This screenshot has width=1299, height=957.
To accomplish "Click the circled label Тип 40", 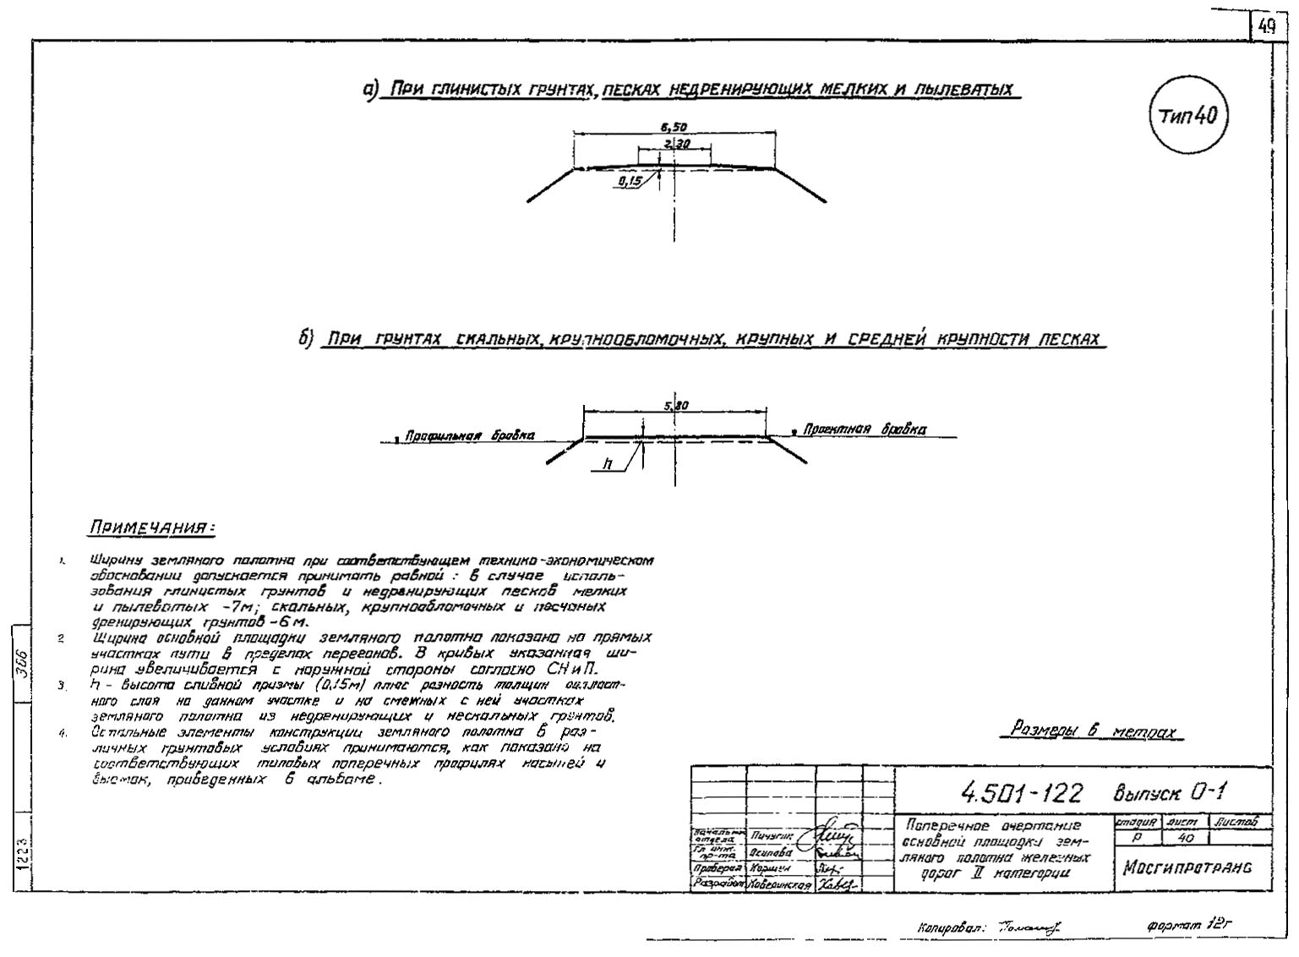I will pos(1187,115).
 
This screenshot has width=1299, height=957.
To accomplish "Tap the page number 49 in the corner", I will pos(1267,26).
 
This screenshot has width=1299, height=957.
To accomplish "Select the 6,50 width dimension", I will pos(674,127).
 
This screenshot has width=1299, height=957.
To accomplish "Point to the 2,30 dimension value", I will pos(676,145).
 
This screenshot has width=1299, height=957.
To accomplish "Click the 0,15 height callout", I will pos(629,181).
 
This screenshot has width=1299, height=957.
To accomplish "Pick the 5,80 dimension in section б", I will pos(676,406).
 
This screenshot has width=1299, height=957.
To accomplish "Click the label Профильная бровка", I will pos(469,435).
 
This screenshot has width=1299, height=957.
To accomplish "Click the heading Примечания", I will pos(151,528).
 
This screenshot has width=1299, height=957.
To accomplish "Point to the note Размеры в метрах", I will pos(1095,731).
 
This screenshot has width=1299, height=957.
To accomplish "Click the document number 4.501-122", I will pos(1021,793).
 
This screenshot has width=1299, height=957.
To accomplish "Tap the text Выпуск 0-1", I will pos(1170,792).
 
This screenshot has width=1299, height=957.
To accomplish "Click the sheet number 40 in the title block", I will pos(1185,837).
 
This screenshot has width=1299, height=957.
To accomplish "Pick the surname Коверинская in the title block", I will pos(781,885).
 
